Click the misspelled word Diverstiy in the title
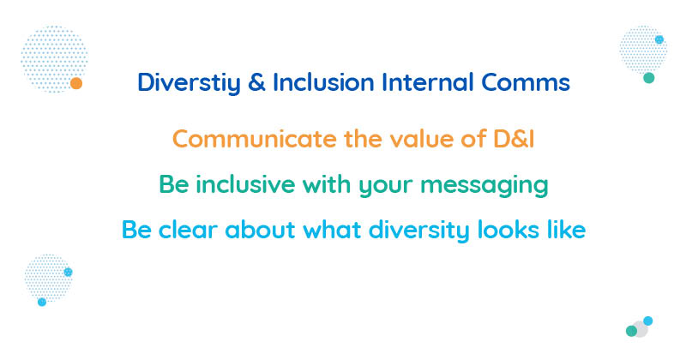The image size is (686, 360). click(189, 83)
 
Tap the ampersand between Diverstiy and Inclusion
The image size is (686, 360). click(256, 82)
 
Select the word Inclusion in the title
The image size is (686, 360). click(323, 82)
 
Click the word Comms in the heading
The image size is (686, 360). click(526, 82)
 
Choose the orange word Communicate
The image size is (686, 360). click(255, 139)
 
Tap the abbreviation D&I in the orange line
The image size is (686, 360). click(514, 139)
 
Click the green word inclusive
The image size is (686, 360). click(245, 184)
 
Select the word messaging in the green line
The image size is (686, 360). click(484, 185)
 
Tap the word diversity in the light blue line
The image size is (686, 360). click(419, 231)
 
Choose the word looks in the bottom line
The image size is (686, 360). click(508, 230)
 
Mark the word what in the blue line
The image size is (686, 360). click(332, 230)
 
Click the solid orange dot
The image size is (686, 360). click(76, 83)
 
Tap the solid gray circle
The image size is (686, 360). click(640, 329)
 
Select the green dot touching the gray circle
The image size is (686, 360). click(631, 331)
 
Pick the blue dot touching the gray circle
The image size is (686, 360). click(648, 321)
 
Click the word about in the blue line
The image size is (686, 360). click(260, 230)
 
